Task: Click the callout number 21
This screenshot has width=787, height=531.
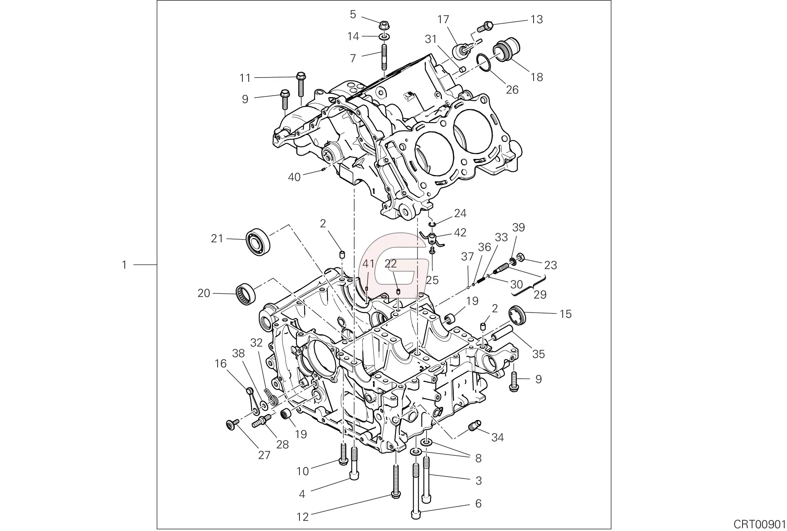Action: pyautogui.click(x=217, y=238)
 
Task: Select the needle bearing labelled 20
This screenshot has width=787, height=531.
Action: pyautogui.click(x=246, y=293)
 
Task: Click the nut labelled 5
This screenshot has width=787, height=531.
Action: pyautogui.click(x=384, y=26)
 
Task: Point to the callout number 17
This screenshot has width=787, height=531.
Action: pyautogui.click(x=443, y=19)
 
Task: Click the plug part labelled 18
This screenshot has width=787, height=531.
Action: pyautogui.click(x=505, y=49)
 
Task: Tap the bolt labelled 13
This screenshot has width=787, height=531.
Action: pyautogui.click(x=486, y=27)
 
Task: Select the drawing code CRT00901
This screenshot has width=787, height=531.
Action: pyautogui.click(x=759, y=524)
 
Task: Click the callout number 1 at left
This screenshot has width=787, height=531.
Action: pyautogui.click(x=124, y=265)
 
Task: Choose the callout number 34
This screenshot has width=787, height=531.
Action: pyautogui.click(x=497, y=437)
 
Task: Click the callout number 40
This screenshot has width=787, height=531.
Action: pyautogui.click(x=294, y=177)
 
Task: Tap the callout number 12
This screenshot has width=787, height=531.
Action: pyautogui.click(x=302, y=516)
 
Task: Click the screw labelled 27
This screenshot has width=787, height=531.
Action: pyautogui.click(x=231, y=425)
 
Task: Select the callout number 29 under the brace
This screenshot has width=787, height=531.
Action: pyautogui.click(x=540, y=295)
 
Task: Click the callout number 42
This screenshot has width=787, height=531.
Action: pyautogui.click(x=460, y=232)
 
